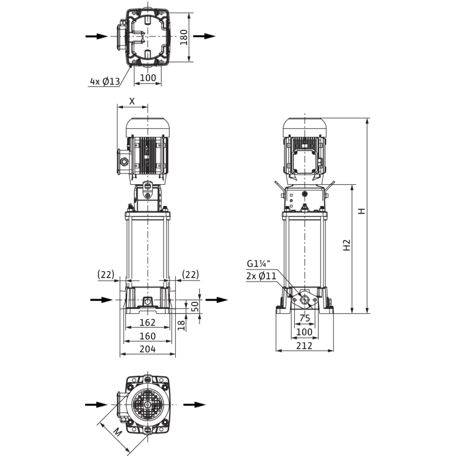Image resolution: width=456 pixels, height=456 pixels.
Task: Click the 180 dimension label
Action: (184, 37)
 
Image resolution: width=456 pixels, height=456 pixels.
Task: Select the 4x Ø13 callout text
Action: (105, 81)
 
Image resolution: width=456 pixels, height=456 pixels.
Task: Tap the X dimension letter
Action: (132, 101)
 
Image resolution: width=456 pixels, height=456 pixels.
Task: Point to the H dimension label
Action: (361, 211)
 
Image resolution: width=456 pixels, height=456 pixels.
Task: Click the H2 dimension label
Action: (347, 245)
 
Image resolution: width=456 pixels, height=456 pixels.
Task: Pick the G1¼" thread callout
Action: (258, 264)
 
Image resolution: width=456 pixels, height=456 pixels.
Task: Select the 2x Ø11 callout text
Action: (261, 275)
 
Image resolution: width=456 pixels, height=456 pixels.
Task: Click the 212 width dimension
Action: (304, 346)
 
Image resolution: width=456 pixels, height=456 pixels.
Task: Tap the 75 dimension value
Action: (305, 319)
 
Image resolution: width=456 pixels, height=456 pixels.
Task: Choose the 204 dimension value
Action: (148, 349)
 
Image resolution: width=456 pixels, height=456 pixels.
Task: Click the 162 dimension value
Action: (148, 322)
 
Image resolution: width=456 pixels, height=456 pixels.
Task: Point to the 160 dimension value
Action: (148, 336)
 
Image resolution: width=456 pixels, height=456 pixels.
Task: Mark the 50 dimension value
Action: (195, 306)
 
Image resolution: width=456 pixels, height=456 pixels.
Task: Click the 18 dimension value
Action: (181, 325)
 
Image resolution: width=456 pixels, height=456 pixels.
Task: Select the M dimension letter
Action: (117, 433)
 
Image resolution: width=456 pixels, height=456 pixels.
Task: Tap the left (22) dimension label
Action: (106, 275)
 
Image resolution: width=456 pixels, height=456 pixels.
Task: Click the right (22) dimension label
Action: (190, 275)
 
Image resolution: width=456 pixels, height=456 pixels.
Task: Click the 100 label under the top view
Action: (148, 78)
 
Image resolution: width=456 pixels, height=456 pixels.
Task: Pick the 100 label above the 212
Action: (304, 332)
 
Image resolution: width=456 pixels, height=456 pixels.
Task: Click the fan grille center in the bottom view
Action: (148, 404)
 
